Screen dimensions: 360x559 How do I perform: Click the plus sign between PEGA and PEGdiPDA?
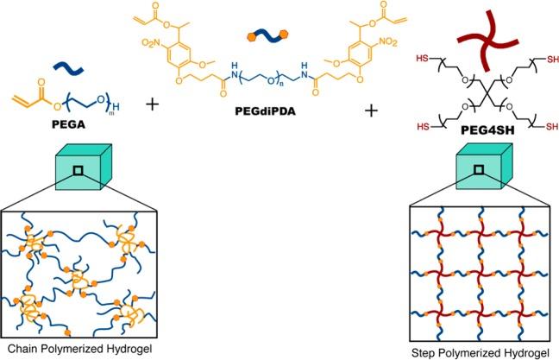click(154, 104)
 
